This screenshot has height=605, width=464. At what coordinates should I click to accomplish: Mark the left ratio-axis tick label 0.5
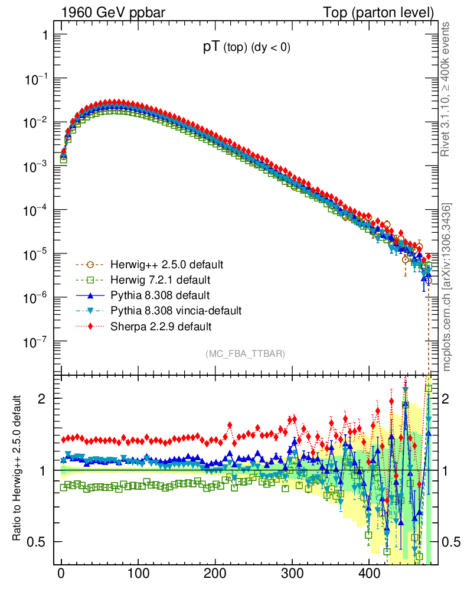pos(37,542)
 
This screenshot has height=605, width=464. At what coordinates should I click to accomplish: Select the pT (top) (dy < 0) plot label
pos(246,48)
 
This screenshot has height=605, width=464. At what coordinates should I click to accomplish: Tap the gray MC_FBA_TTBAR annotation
pos(246,354)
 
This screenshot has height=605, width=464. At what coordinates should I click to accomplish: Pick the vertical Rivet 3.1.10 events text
pos(446,89)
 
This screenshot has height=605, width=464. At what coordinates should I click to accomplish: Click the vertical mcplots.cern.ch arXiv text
pos(446,287)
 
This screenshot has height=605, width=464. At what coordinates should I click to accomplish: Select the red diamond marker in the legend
pos(91,326)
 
